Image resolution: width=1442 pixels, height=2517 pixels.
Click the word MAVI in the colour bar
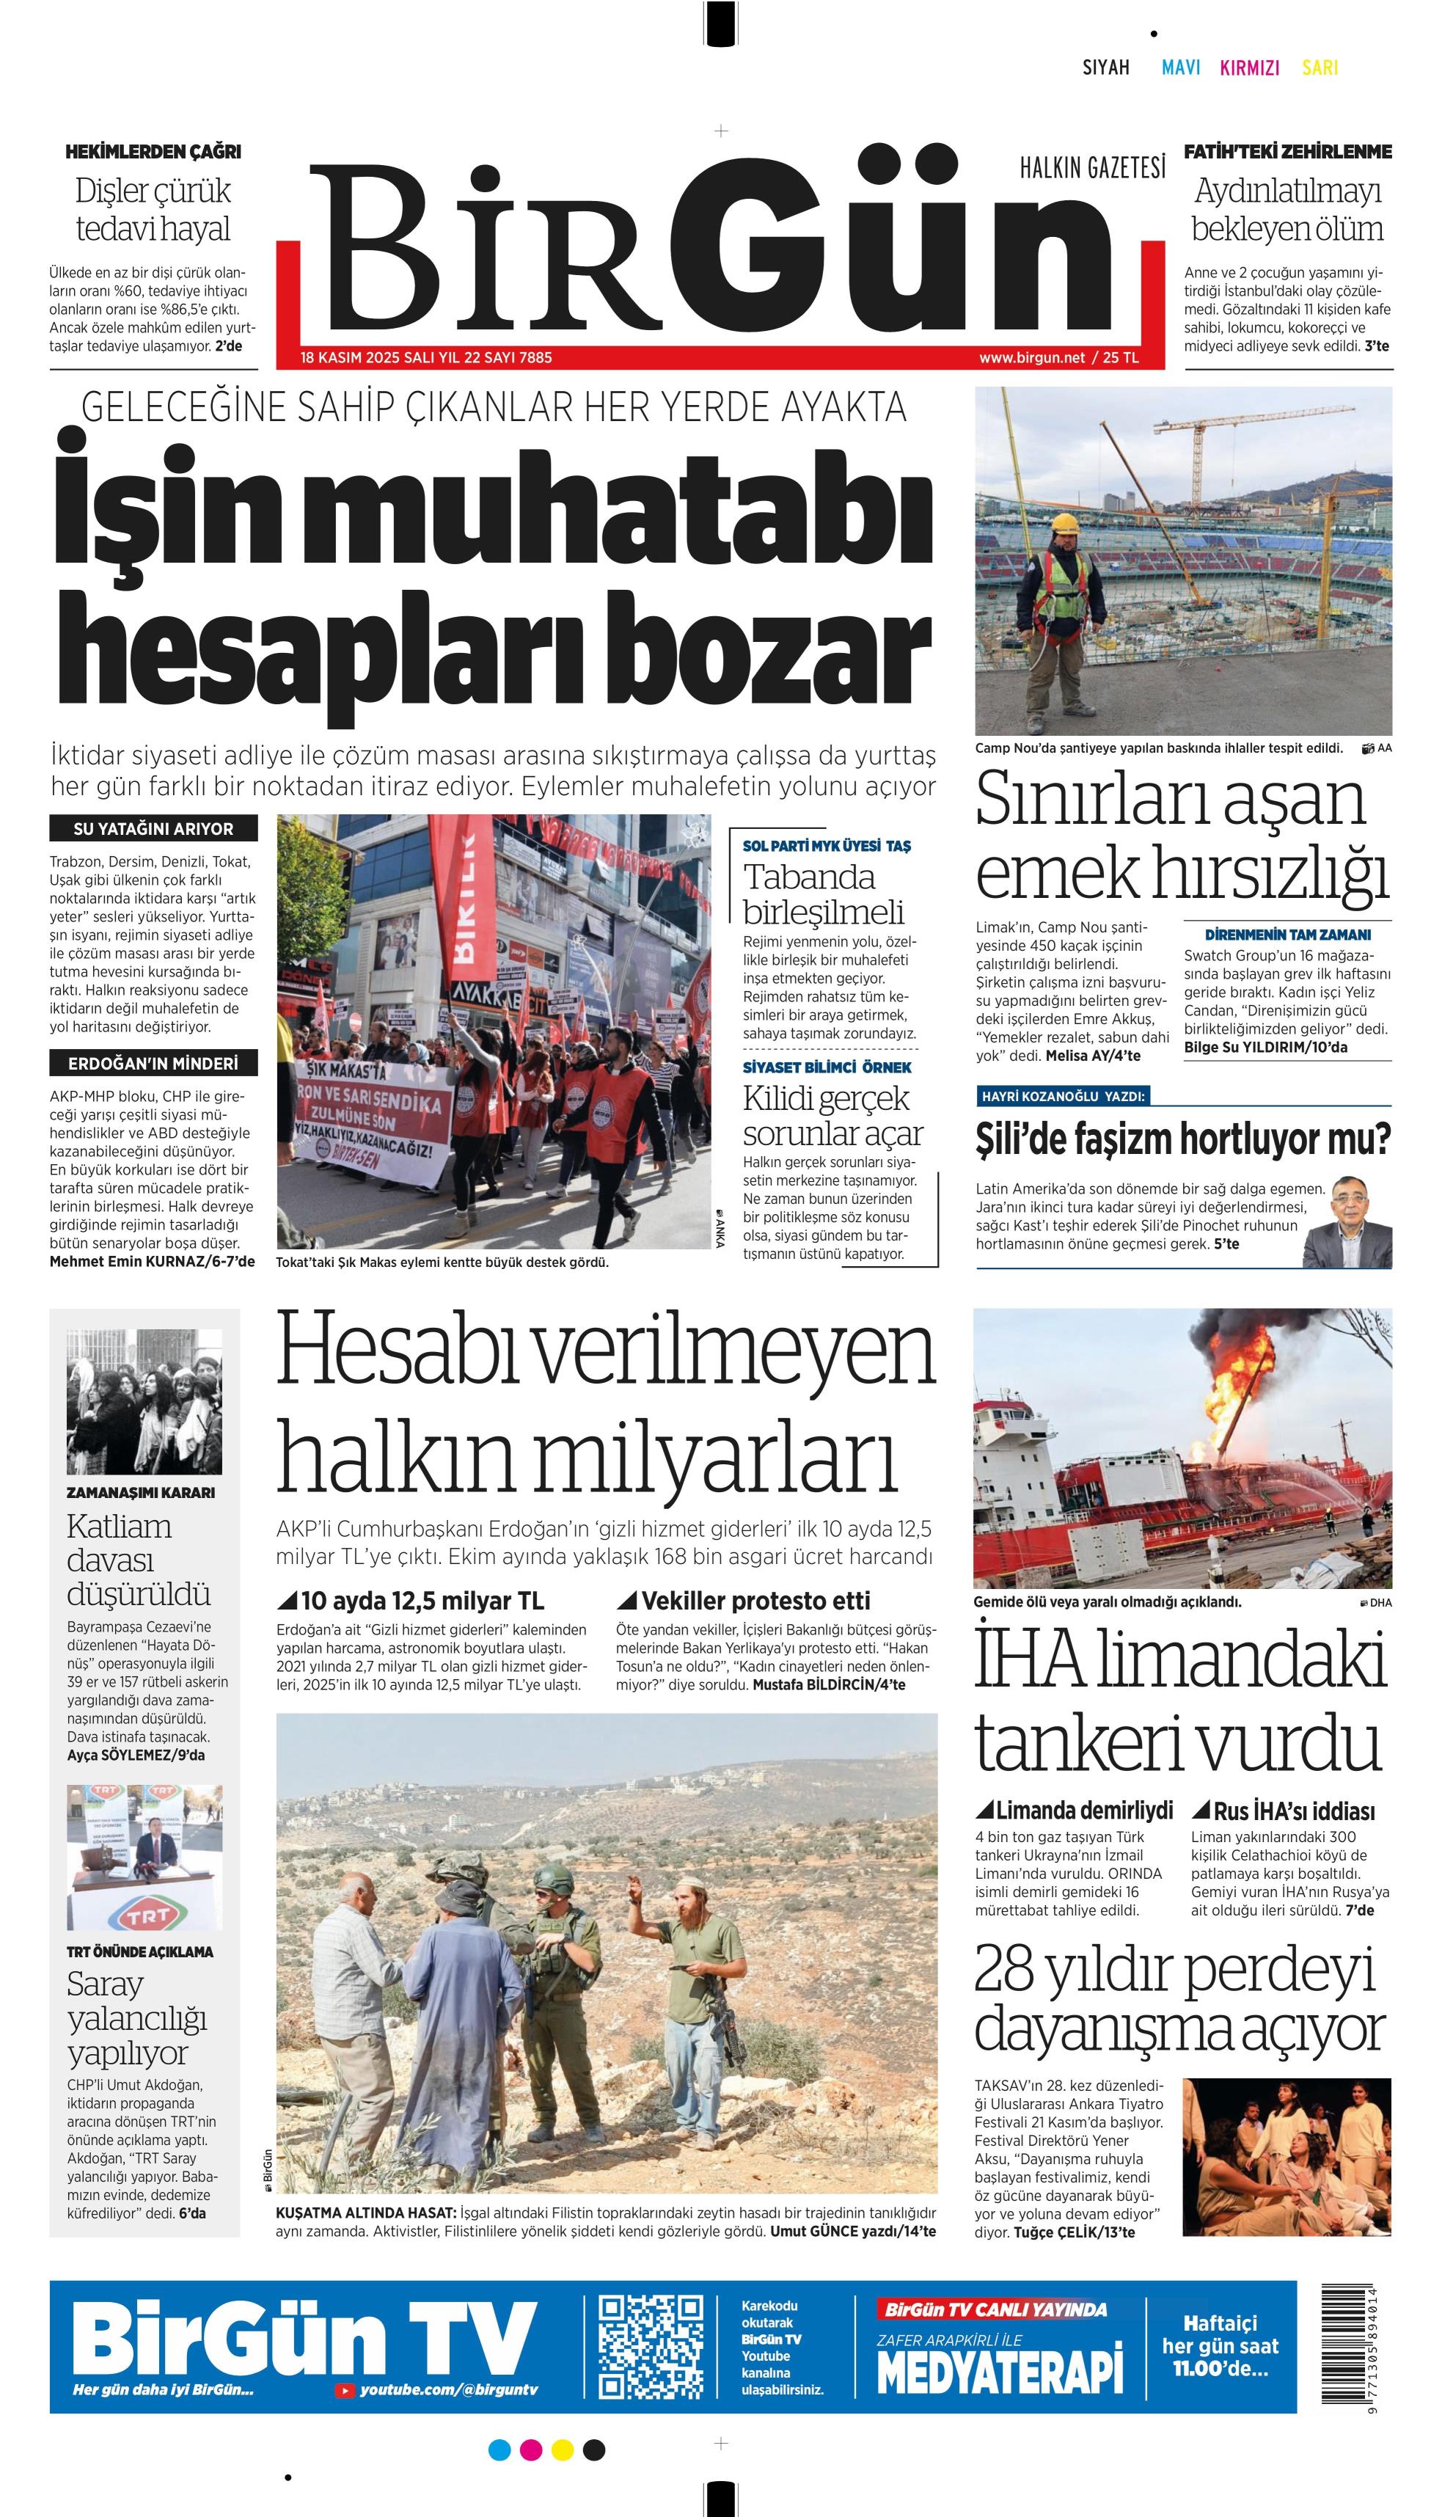(x=1181, y=67)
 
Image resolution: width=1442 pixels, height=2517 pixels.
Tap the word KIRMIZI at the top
(x=1249, y=67)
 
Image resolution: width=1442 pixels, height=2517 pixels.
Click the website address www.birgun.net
(x=1031, y=357)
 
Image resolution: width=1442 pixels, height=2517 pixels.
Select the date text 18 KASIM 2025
(x=351, y=357)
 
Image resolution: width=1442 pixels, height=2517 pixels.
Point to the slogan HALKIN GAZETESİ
(x=1092, y=169)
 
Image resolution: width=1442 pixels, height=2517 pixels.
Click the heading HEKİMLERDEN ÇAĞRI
(x=153, y=152)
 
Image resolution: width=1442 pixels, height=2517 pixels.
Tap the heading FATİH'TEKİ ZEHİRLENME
(x=1287, y=152)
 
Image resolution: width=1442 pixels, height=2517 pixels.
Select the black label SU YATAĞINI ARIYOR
(x=153, y=828)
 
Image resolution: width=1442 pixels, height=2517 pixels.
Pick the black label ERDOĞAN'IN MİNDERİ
(x=153, y=1064)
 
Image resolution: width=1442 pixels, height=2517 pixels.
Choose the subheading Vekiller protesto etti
(x=755, y=1601)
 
